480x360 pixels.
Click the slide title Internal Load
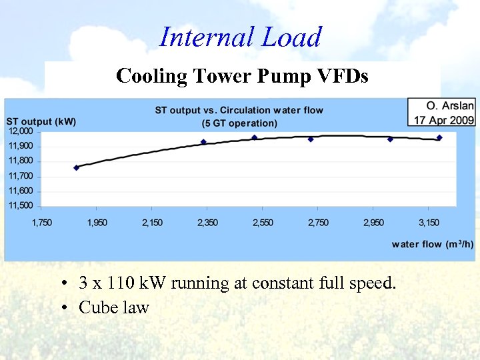[x=240, y=37]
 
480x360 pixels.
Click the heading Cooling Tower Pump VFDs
[x=242, y=75]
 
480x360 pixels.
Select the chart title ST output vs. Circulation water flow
[x=239, y=110]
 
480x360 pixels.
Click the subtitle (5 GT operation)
[x=239, y=123]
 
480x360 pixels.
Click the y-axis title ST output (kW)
[x=41, y=121]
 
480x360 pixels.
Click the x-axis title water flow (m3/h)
[x=433, y=244]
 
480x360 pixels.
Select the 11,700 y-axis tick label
[x=21, y=176]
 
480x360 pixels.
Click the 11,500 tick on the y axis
[x=21, y=205]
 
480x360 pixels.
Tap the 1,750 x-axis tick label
[x=42, y=223]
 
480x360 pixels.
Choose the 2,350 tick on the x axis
[x=207, y=223]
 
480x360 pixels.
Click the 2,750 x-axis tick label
[x=318, y=223]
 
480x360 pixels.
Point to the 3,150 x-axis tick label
[x=429, y=223]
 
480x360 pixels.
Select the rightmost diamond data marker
[x=439, y=138]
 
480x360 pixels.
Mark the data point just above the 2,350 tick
[x=203, y=142]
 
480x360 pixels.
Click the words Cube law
[x=114, y=307]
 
